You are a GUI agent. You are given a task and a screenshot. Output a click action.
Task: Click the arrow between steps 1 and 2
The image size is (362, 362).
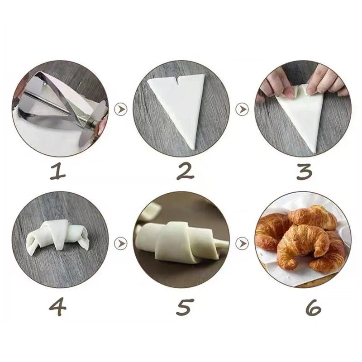tap(120, 109)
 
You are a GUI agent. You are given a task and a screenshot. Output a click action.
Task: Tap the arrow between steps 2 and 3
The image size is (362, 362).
tap(243, 109)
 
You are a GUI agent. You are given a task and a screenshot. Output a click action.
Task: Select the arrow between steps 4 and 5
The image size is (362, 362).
tap(120, 243)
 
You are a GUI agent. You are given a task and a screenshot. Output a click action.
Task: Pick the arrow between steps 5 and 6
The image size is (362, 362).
tap(243, 243)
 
